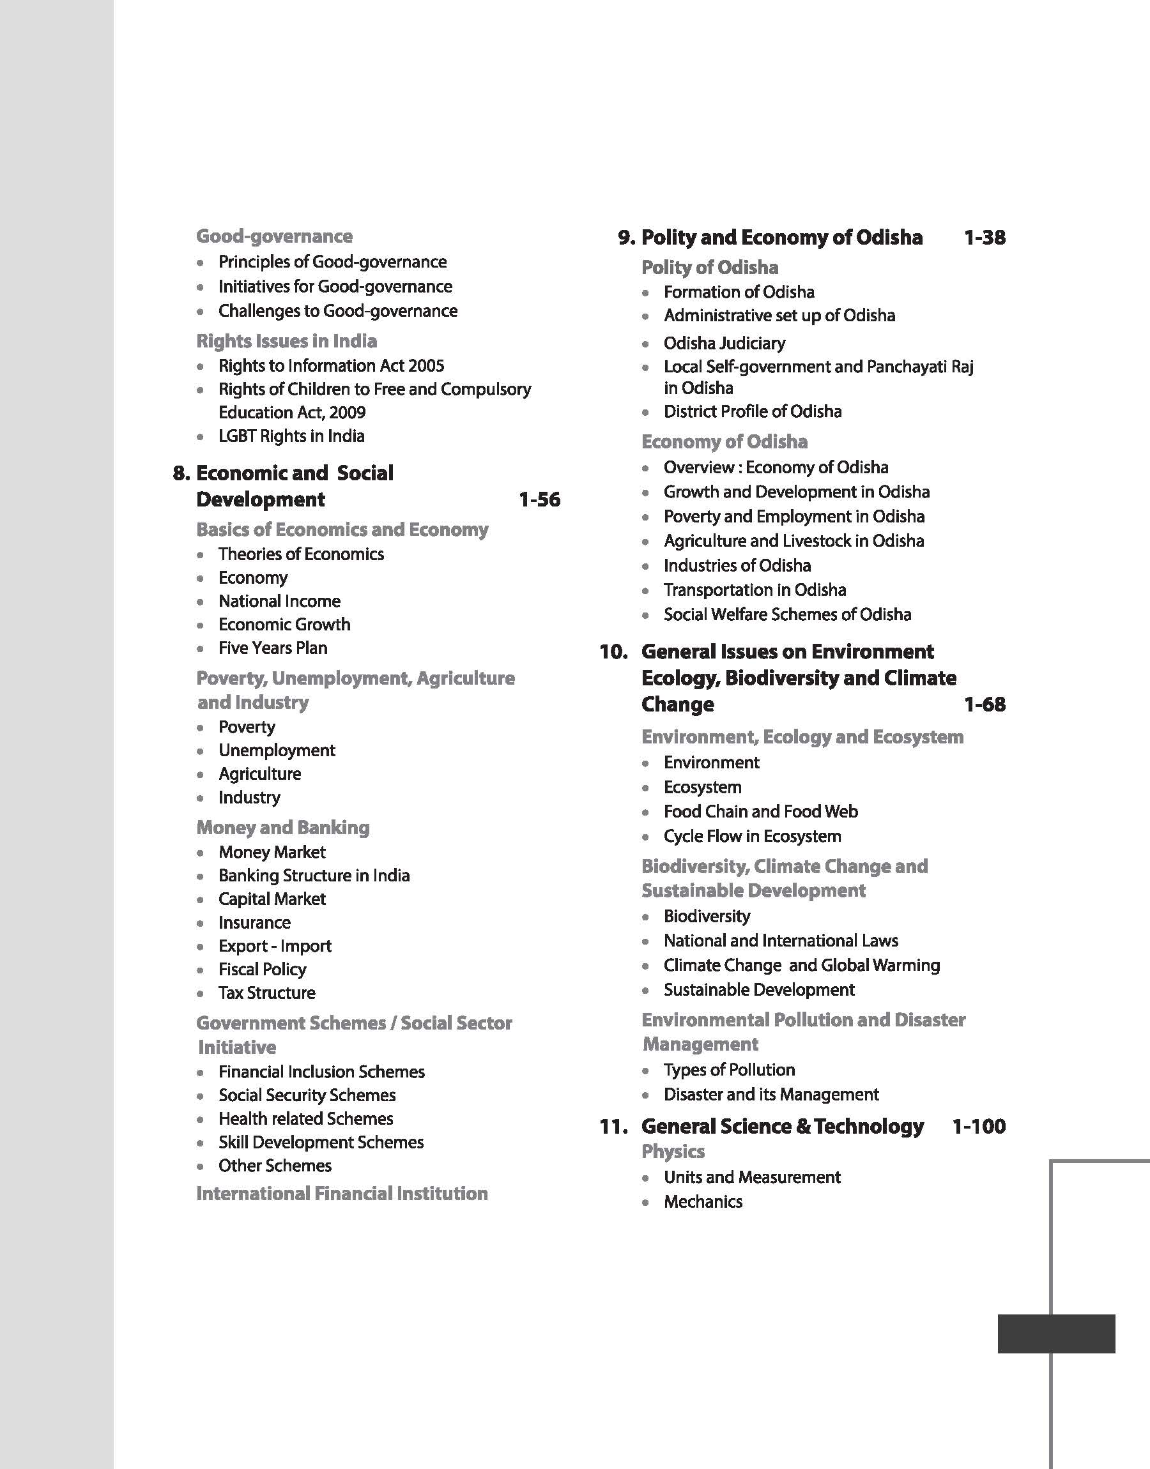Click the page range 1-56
[x=539, y=500]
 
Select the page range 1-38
[x=985, y=238]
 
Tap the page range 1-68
[x=985, y=704]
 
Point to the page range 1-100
[x=978, y=1127]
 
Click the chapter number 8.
[x=181, y=473]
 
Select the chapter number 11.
[x=613, y=1127]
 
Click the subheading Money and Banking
[x=283, y=828]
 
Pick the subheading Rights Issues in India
[x=286, y=341]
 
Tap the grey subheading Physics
[x=673, y=1152]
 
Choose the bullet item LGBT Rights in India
[x=291, y=436]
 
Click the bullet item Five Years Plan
[x=273, y=648]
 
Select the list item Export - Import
[x=275, y=946]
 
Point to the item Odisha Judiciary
[x=724, y=343]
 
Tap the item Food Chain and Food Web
[x=761, y=812]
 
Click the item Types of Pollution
[x=729, y=1070]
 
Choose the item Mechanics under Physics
[x=703, y=1202]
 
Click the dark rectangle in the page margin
[x=1055, y=1333]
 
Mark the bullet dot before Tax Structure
[x=201, y=994]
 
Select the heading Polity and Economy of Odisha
[x=782, y=238]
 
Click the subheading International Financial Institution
[x=342, y=1194]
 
